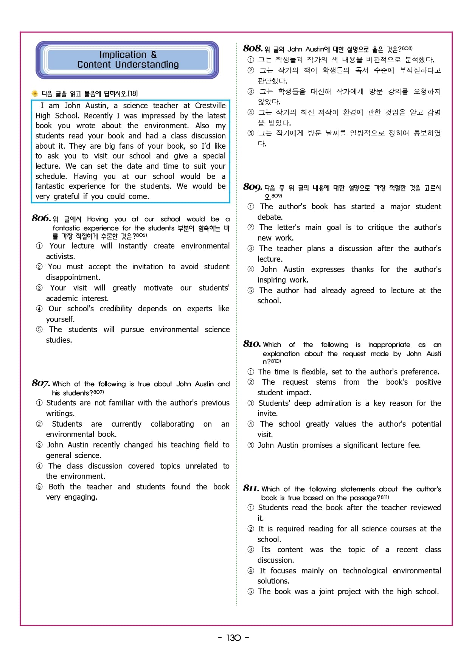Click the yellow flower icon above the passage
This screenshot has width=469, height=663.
point(35,93)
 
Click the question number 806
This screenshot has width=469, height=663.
point(41,218)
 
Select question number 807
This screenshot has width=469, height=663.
point(40,383)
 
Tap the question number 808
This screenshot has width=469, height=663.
point(253,48)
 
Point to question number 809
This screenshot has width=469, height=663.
point(252,187)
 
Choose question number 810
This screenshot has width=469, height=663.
point(252,344)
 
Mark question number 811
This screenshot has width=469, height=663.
point(251,488)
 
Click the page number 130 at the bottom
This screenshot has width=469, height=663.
point(234,638)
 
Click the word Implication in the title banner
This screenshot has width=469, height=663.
point(123,55)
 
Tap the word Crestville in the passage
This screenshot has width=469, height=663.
point(210,106)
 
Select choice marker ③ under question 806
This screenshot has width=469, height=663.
point(39,288)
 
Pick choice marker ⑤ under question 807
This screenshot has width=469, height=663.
point(39,487)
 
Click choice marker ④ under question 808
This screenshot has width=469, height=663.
point(251,112)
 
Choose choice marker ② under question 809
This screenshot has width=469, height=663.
point(251,227)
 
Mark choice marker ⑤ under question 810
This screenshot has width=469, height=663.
point(251,445)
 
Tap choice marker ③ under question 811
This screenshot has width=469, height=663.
point(251,550)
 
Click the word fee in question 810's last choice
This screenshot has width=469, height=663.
point(414,445)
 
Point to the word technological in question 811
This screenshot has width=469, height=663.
point(365,571)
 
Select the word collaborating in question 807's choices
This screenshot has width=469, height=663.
point(172,424)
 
